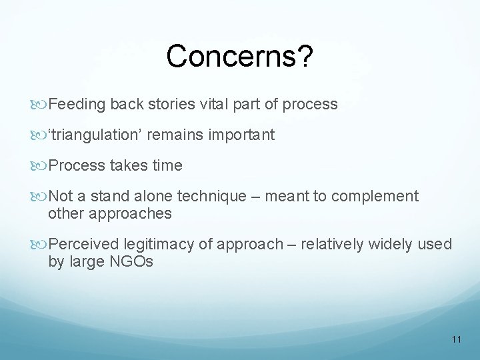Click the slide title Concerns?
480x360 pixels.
(x=239, y=57)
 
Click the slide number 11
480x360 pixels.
(x=456, y=339)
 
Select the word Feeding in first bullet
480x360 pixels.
(x=77, y=105)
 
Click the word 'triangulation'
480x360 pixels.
(x=96, y=135)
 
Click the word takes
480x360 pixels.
(x=131, y=165)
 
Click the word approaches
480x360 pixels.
(x=129, y=213)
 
